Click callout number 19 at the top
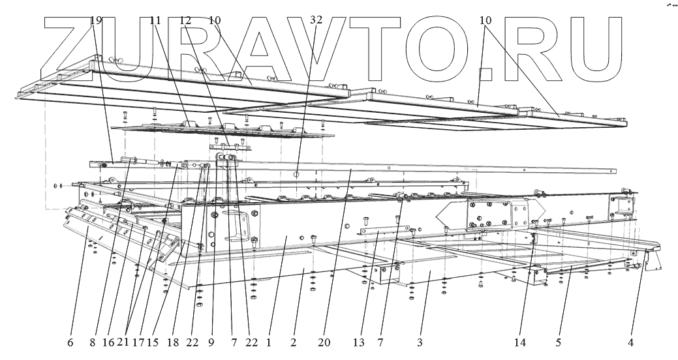(96, 20)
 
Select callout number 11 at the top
(155, 20)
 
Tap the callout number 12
(185, 20)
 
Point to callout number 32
(316, 20)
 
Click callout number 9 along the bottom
(211, 341)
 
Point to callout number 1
(268, 341)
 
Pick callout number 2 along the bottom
(294, 341)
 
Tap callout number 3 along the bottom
(420, 341)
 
